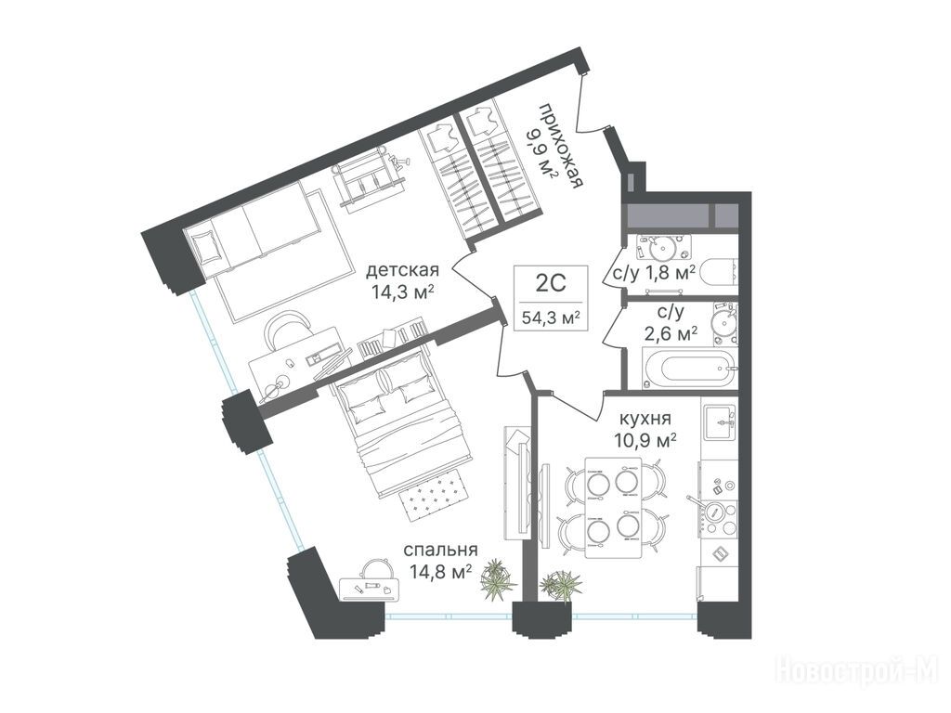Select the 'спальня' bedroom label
441,550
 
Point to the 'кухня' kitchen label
645,419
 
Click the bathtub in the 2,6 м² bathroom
688,368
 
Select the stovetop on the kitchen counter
717,512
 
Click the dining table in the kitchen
613,508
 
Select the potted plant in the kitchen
560,585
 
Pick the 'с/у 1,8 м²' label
654,272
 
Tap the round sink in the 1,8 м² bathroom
661,247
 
